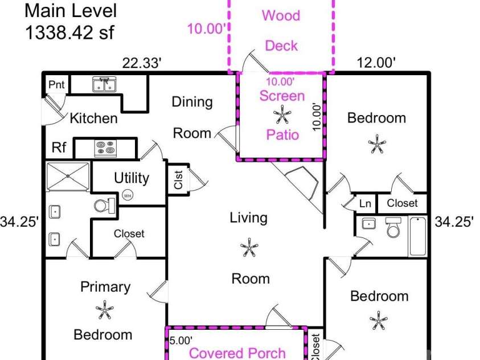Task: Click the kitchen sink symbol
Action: click(x=104, y=84)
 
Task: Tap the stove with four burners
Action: click(x=105, y=148)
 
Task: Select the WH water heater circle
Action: click(x=128, y=195)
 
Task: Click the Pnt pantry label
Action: click(x=56, y=84)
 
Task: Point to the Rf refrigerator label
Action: click(x=59, y=147)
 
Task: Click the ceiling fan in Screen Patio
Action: click(x=282, y=114)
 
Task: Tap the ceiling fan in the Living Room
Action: click(x=249, y=247)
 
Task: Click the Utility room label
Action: click(x=132, y=178)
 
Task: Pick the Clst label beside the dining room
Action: click(x=178, y=179)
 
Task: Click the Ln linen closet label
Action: click(x=365, y=203)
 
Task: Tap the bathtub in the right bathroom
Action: click(x=418, y=236)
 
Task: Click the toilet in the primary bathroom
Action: click(x=105, y=206)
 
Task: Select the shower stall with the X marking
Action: click(x=68, y=176)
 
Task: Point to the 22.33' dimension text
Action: click(x=141, y=63)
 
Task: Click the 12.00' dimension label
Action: click(x=376, y=63)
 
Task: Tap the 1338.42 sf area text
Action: click(x=70, y=32)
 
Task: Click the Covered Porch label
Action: click(x=237, y=353)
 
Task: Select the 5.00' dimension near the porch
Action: click(x=181, y=341)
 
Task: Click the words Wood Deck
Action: click(x=281, y=31)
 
